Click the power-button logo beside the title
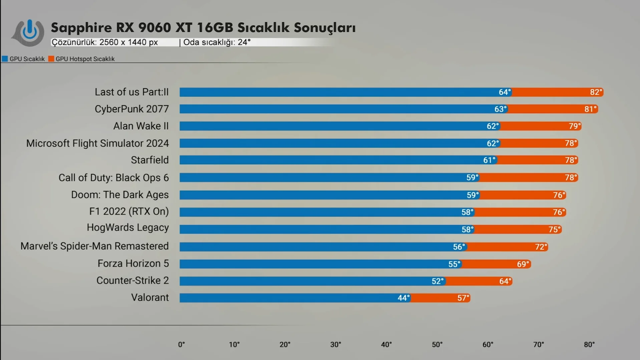click(x=29, y=32)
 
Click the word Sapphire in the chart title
click(x=81, y=28)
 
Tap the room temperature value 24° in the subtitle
click(x=244, y=42)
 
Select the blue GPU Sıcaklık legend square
click(x=5, y=59)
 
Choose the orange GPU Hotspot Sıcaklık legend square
click(x=51, y=59)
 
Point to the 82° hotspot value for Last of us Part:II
click(x=596, y=92)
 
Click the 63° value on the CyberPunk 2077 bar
click(x=501, y=109)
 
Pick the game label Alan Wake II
click(x=141, y=126)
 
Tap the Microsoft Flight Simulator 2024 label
click(x=97, y=143)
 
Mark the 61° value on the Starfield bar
click(x=489, y=160)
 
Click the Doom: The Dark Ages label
click(x=120, y=195)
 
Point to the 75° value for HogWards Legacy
click(x=555, y=230)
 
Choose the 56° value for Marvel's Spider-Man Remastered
click(x=459, y=247)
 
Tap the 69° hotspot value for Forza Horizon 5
click(x=523, y=264)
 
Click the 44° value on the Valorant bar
click(x=403, y=298)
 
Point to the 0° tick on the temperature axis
click(x=181, y=345)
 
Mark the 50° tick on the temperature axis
click(x=437, y=345)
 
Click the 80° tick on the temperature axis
click(x=589, y=345)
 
